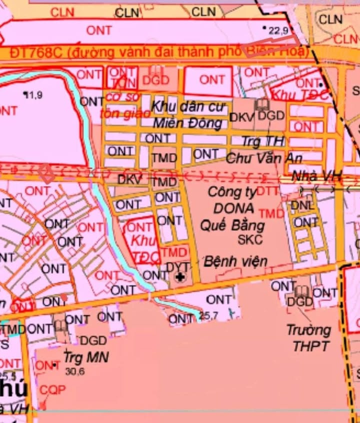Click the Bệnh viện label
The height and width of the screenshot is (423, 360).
click(x=235, y=261)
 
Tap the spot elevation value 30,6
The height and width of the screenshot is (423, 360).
click(x=75, y=371)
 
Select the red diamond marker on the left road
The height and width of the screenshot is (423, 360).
click(x=47, y=174)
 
